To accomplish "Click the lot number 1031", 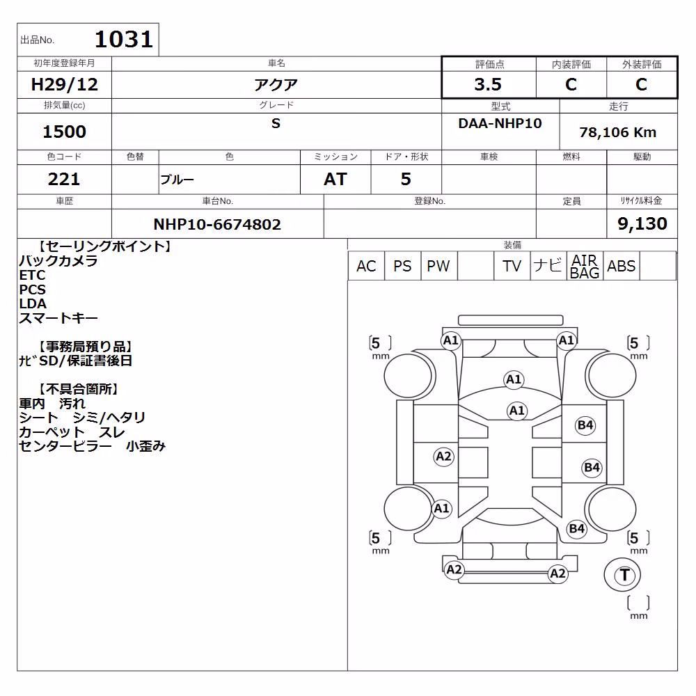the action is [124, 39].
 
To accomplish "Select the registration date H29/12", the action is [64, 84].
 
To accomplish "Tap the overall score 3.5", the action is [488, 84].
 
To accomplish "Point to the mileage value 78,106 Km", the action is [618, 132].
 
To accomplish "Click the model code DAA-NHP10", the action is [500, 123].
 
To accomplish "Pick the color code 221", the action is [64, 179].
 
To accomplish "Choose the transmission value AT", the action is [335, 179].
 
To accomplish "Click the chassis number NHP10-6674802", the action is [217, 224].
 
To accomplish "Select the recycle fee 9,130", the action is [642, 223].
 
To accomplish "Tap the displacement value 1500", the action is [64, 132].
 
